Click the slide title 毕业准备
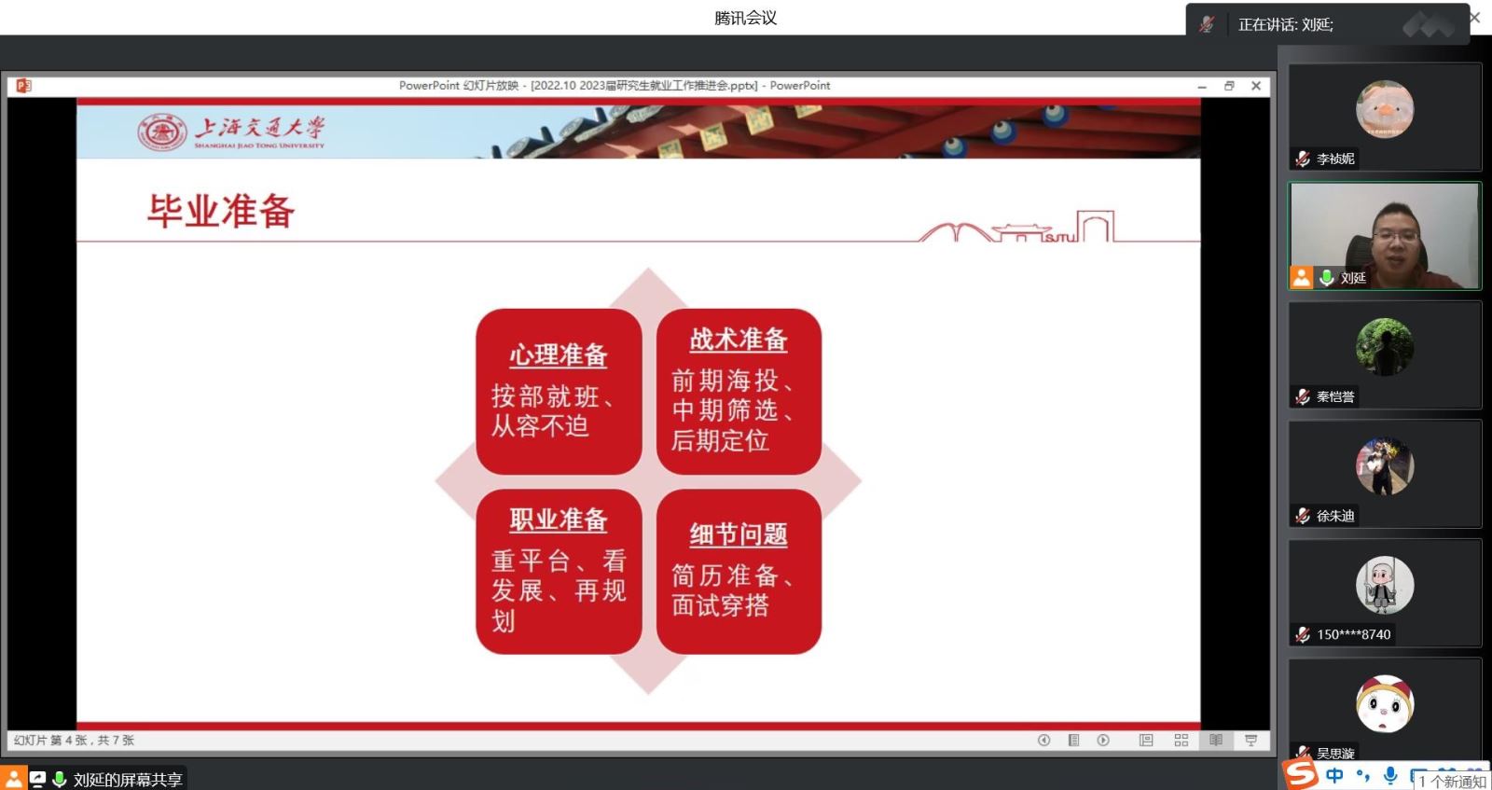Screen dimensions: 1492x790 (220, 211)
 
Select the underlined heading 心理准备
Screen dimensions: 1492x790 (559, 355)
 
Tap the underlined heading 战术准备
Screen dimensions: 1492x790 (738, 340)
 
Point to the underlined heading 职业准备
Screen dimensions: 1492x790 (559, 520)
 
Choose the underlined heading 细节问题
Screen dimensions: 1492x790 (738, 534)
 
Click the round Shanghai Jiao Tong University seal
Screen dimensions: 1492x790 (162, 132)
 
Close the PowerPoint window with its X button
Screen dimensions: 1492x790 (1255, 86)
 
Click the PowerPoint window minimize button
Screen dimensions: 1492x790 (1202, 87)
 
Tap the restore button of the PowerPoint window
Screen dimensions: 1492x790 (1229, 86)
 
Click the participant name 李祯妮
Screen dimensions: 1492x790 (1334, 159)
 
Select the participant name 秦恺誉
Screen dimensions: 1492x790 (1334, 397)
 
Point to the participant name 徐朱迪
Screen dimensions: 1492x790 (1334, 516)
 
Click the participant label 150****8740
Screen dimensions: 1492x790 (1353, 635)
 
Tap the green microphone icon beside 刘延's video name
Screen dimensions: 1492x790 (1326, 278)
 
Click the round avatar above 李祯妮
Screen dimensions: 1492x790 (1384, 109)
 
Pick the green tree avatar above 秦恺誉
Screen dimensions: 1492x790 (1384, 347)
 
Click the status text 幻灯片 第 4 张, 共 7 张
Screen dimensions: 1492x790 (74, 740)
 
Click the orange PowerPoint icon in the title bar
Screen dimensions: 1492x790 (24, 86)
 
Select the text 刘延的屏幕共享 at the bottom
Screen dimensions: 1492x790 (127, 780)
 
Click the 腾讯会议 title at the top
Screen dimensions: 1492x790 (745, 18)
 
